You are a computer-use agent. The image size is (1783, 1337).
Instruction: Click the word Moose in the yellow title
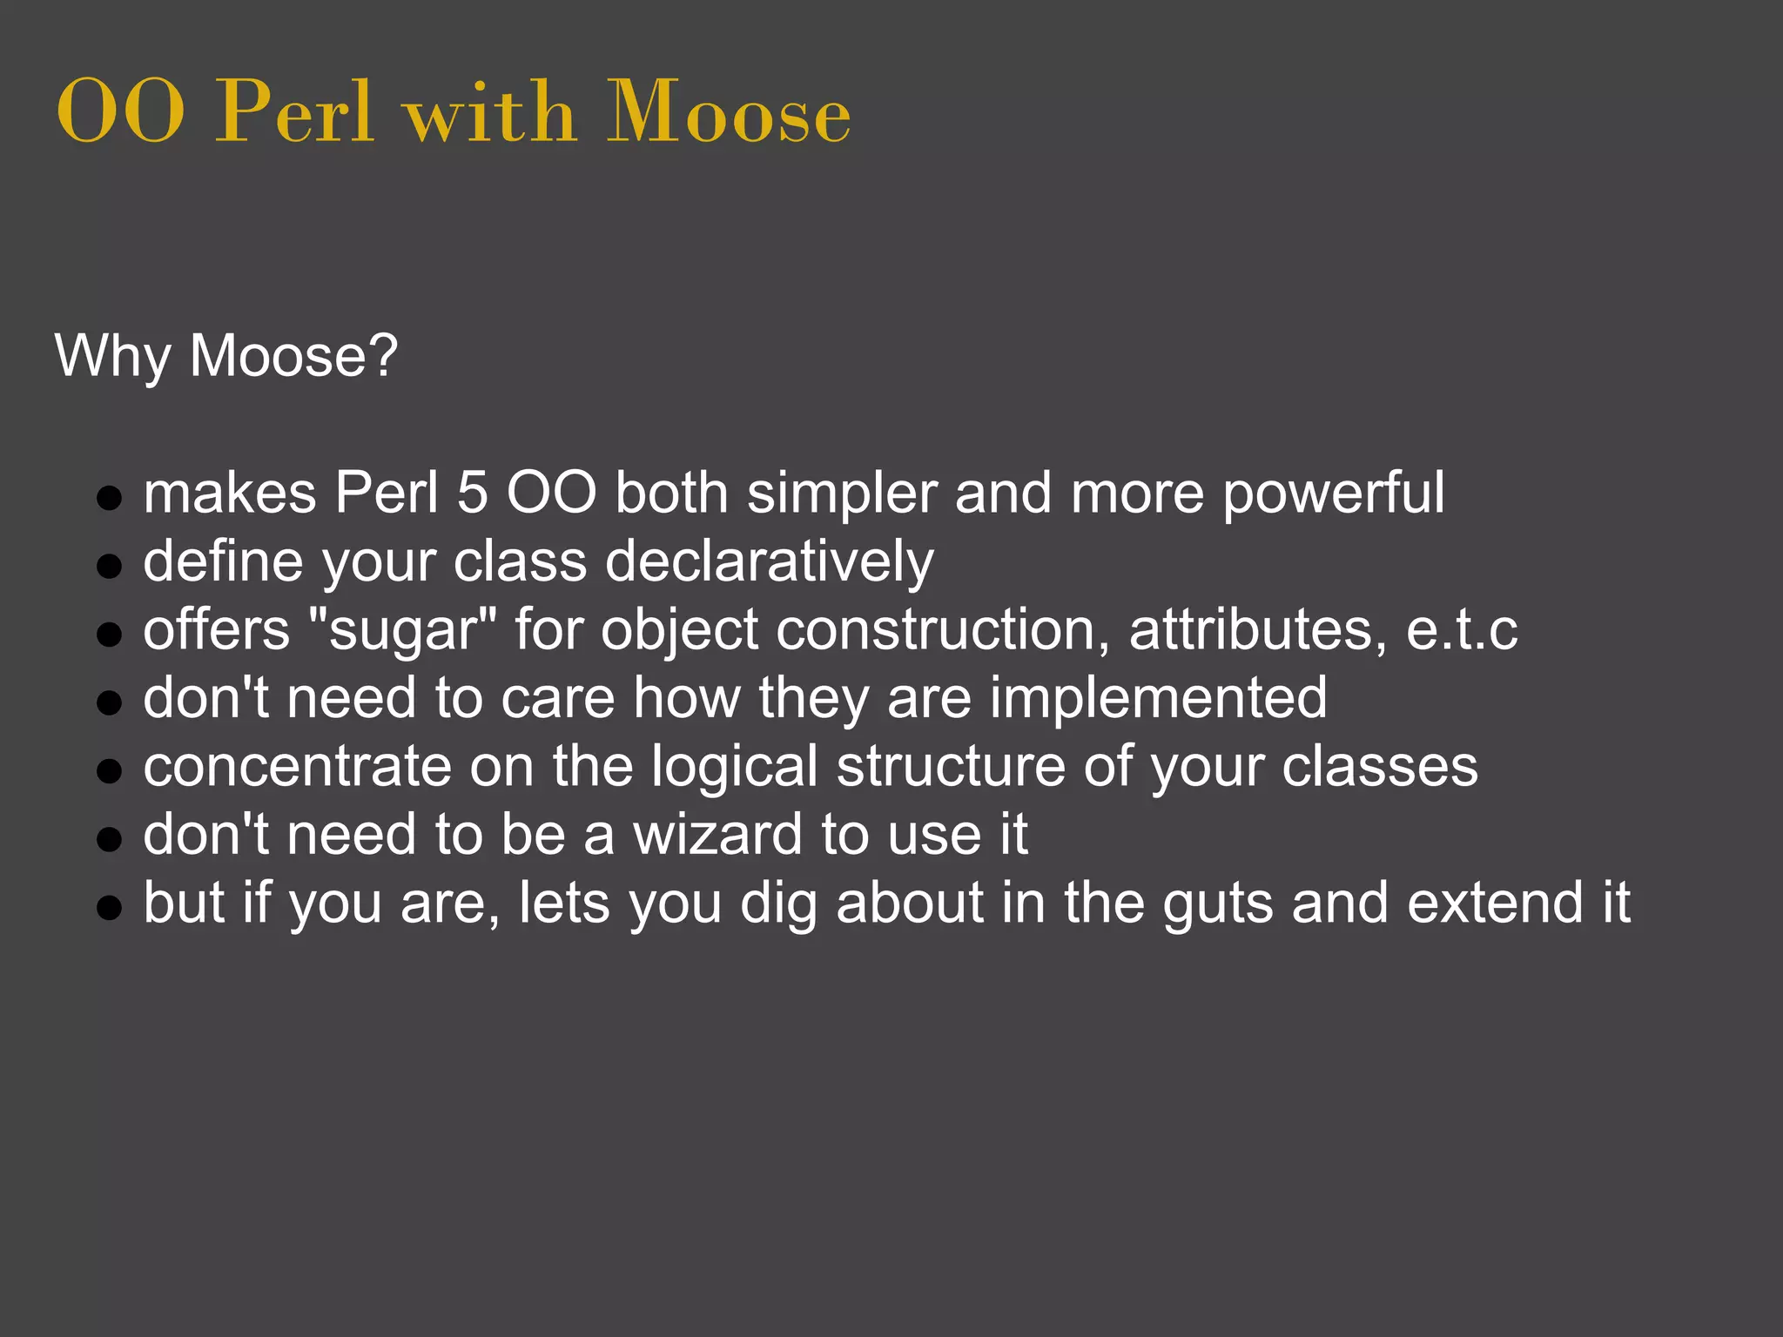(x=728, y=113)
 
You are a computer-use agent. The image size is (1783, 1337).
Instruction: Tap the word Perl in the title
(x=295, y=113)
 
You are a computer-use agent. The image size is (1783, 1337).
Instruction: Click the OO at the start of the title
(x=120, y=113)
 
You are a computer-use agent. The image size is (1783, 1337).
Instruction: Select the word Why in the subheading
(x=112, y=357)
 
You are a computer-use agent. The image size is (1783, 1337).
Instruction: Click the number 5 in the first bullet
(x=472, y=494)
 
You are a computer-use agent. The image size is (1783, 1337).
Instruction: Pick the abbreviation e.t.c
(x=1462, y=630)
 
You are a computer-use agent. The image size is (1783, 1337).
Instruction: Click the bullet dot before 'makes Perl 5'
(x=109, y=499)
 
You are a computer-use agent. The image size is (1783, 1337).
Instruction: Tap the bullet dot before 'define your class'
(x=109, y=567)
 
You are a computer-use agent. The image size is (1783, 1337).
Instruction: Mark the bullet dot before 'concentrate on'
(x=109, y=771)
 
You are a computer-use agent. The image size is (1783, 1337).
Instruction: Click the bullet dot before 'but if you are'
(x=109, y=908)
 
